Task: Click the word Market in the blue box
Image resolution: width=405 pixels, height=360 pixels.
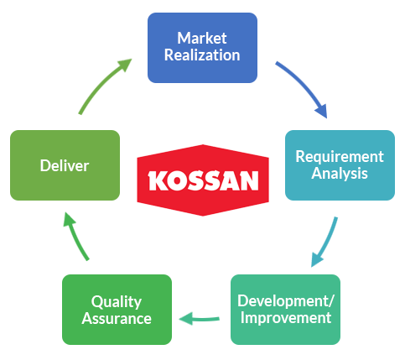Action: [202, 38]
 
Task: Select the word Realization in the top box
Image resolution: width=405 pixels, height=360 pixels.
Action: [202, 55]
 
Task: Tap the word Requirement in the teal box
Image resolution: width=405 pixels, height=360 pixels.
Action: [340, 157]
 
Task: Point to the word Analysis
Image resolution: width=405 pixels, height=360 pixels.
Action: [340, 174]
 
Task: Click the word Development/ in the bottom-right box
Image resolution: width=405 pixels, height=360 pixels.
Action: [286, 301]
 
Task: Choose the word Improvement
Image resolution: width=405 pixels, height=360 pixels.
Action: [286, 318]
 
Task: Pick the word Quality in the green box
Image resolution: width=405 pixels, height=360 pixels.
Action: [117, 302]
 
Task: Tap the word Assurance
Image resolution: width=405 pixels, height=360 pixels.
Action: [117, 319]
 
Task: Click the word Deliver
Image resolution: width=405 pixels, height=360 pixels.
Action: [65, 165]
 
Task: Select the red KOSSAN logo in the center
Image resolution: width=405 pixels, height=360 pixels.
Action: [203, 180]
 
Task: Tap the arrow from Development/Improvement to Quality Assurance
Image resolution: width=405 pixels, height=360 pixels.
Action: [199, 319]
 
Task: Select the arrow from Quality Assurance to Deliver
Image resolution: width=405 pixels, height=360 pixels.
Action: [75, 235]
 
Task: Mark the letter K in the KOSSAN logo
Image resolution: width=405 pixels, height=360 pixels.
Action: [158, 181]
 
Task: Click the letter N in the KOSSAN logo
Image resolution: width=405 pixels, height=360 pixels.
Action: [248, 181]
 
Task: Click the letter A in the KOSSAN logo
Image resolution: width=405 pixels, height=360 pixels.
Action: [229, 181]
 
